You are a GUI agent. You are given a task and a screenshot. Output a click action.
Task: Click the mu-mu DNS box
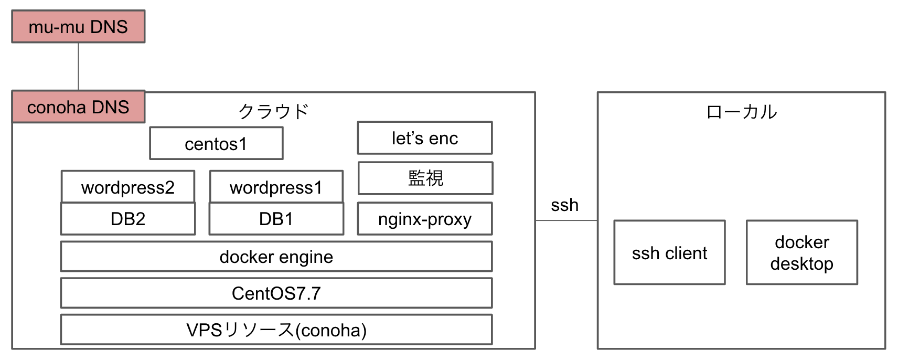tap(78, 26)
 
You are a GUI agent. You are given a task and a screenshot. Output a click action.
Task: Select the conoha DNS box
tap(78, 107)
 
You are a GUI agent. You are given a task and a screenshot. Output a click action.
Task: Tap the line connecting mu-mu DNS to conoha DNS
tap(78, 66)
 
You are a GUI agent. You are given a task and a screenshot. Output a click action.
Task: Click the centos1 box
tap(216, 143)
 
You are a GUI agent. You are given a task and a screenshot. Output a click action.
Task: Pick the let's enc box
tap(425, 138)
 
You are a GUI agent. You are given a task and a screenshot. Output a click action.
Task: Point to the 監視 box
tap(425, 178)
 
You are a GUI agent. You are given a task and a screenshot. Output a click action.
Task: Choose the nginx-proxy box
tap(425, 219)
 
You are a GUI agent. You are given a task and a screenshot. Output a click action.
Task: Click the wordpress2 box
tap(128, 187)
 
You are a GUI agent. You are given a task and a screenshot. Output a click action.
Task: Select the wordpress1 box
tap(276, 187)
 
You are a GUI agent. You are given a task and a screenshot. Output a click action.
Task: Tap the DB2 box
tap(128, 219)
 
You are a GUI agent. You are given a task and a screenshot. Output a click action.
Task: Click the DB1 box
tap(276, 219)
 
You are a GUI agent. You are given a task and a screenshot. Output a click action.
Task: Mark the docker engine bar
tap(276, 257)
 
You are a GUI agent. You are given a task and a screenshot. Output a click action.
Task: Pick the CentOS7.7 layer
tap(276, 293)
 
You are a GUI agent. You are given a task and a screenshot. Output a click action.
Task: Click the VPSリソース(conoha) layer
tap(276, 330)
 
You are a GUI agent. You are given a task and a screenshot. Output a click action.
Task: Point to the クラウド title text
tap(273, 111)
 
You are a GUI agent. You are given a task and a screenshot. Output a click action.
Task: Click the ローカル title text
tap(741, 112)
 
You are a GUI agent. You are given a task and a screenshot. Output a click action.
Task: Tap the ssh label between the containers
tap(564, 205)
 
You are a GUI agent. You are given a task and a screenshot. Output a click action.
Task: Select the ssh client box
tap(669, 253)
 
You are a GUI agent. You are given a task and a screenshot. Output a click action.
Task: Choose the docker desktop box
tap(801, 253)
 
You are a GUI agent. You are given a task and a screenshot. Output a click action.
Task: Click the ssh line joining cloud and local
tap(566, 220)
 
